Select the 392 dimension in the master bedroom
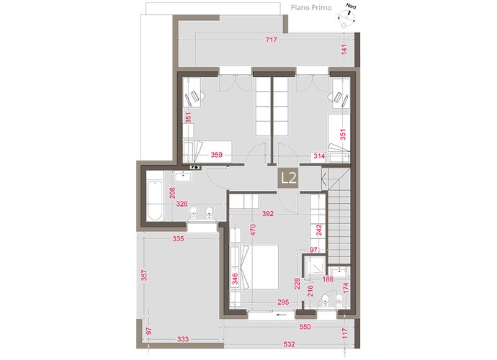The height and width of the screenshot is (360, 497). click(x=269, y=214)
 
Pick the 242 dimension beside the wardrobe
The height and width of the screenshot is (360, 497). click(x=318, y=231)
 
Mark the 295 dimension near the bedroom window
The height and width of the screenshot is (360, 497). click(x=283, y=302)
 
